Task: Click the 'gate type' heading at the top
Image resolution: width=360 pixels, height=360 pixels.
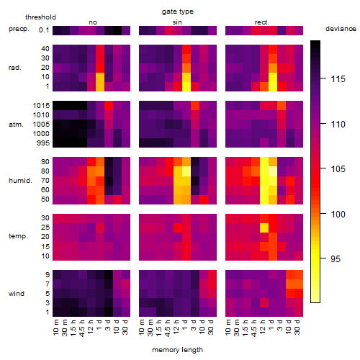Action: point(178,12)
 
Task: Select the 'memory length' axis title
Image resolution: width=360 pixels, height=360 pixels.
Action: point(177,350)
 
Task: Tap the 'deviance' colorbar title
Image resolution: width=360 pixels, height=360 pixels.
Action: point(341,29)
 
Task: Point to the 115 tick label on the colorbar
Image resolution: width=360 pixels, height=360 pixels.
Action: point(338,78)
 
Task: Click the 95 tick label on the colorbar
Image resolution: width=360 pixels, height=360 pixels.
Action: point(336,258)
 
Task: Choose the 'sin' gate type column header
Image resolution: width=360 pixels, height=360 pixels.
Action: point(177,22)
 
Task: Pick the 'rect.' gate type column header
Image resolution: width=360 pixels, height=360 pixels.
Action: point(262,22)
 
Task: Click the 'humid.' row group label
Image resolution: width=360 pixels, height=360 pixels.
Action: point(20,181)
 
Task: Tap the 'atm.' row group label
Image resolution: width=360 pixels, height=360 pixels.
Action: point(16,125)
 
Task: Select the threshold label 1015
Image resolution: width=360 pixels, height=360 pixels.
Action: point(41,106)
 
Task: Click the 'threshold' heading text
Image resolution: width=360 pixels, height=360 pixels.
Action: point(40,17)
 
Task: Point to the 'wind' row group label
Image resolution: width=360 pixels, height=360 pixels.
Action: point(17,294)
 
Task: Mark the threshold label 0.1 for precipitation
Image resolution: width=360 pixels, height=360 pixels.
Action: point(44,30)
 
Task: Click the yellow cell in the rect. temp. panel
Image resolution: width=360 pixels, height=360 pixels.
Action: point(264,228)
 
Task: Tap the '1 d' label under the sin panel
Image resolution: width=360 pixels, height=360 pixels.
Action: point(185,325)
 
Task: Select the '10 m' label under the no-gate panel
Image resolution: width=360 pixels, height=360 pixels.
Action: point(55,328)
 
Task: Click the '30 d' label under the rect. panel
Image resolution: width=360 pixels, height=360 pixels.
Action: point(297,328)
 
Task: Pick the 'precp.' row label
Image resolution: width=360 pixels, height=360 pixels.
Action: point(19,29)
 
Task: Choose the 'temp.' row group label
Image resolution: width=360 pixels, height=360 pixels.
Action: point(18,236)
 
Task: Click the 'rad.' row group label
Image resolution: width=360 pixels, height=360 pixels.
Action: point(15,68)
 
